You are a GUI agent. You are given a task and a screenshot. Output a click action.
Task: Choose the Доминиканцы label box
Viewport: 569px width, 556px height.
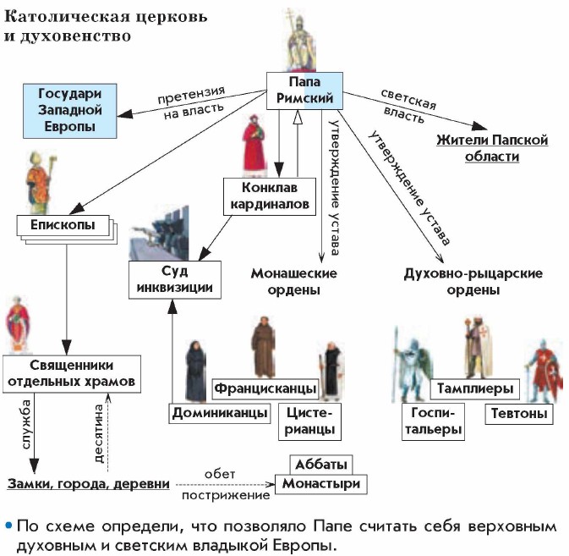tap(220, 413)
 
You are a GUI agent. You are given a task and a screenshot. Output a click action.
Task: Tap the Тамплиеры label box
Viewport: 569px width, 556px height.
tap(473, 389)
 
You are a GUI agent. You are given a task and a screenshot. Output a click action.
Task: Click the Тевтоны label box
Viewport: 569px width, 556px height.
tap(518, 414)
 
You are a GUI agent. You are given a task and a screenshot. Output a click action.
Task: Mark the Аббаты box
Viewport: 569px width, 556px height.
tap(321, 464)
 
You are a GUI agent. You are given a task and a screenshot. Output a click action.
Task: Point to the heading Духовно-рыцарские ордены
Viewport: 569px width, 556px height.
tap(473, 282)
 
